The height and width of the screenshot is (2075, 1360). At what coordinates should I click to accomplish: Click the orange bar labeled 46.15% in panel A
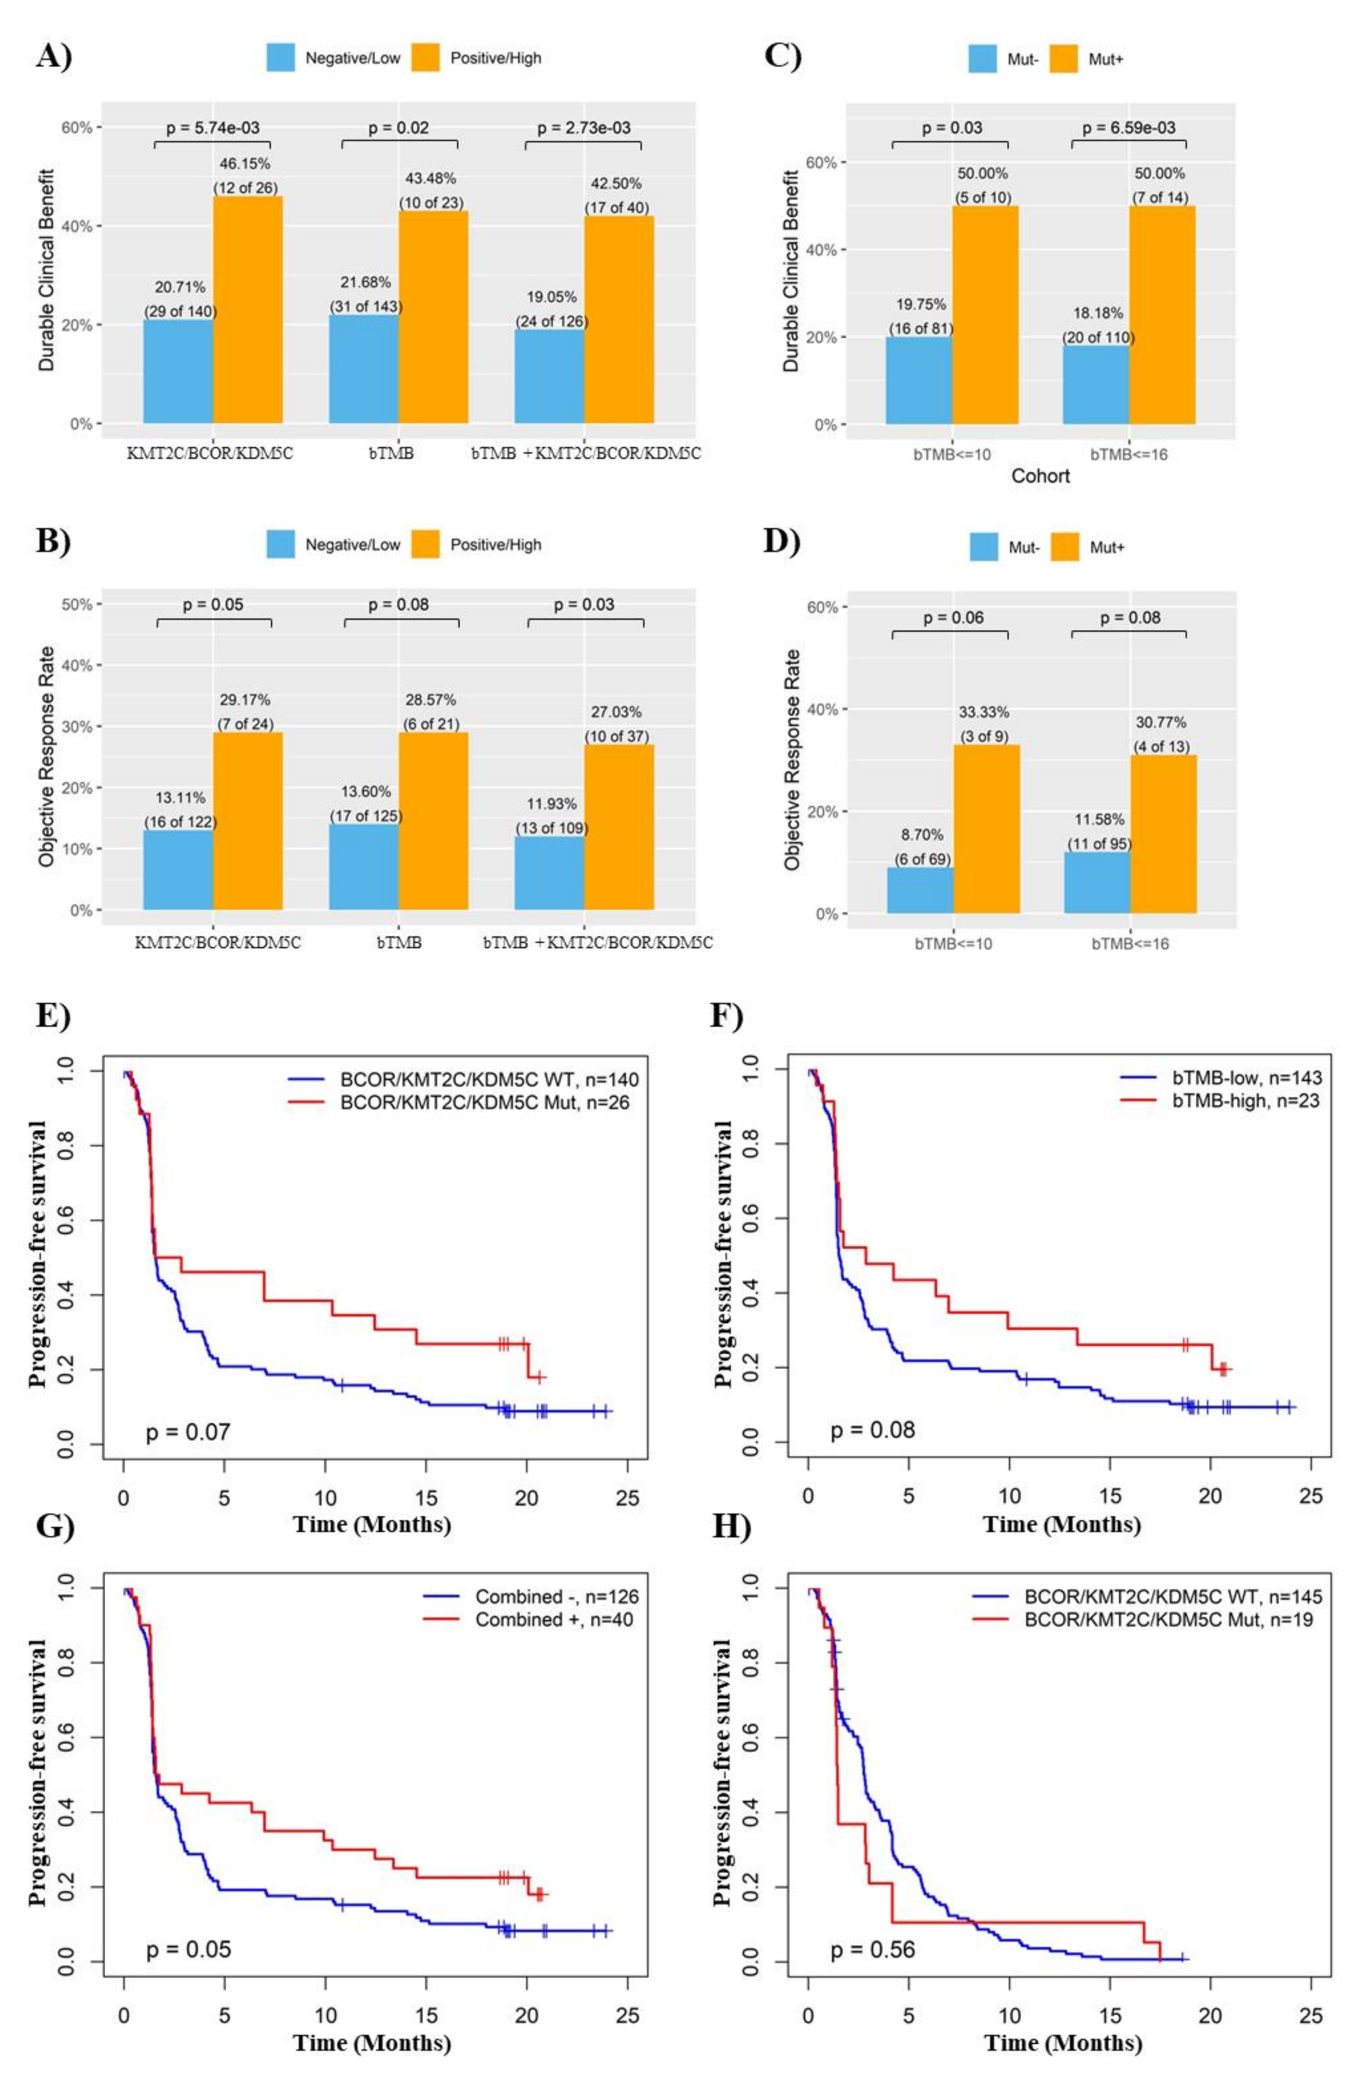click(x=248, y=310)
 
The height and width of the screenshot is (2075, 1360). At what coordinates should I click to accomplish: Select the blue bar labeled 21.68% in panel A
click(x=364, y=369)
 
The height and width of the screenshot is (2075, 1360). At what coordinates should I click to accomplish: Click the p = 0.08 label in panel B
click(x=398, y=604)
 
